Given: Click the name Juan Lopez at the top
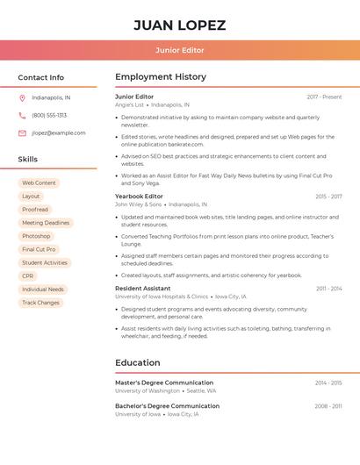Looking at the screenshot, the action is pos(179,25).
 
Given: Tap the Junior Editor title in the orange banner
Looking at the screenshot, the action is pos(179,50).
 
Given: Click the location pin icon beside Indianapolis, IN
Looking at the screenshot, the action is pos(22,97).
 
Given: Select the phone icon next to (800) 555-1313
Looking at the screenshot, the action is pos(22,115).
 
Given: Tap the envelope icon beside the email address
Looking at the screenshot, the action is pos(22,133).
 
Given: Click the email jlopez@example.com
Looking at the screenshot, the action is pos(59,133).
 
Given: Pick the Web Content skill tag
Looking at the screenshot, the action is pos(39,182).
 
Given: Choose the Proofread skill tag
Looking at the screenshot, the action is pos(35,210).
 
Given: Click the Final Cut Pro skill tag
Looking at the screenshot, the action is pos(39,249).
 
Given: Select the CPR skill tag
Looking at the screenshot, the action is pos(28,275).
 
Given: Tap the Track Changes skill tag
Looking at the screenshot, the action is pos(41,303).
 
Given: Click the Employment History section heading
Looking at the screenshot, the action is pos(161,77).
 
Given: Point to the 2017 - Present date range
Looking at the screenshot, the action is pos(324,97).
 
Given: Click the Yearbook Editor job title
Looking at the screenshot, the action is pos(139,197).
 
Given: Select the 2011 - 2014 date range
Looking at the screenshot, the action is pos(329,289).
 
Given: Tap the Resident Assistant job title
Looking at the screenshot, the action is pos(142,288).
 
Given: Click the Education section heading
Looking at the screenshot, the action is pos(137,362).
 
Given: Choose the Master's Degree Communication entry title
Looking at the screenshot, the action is pos(164,383).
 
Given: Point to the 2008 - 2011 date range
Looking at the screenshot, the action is pos(328,406).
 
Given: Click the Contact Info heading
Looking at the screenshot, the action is pos(40,77).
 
